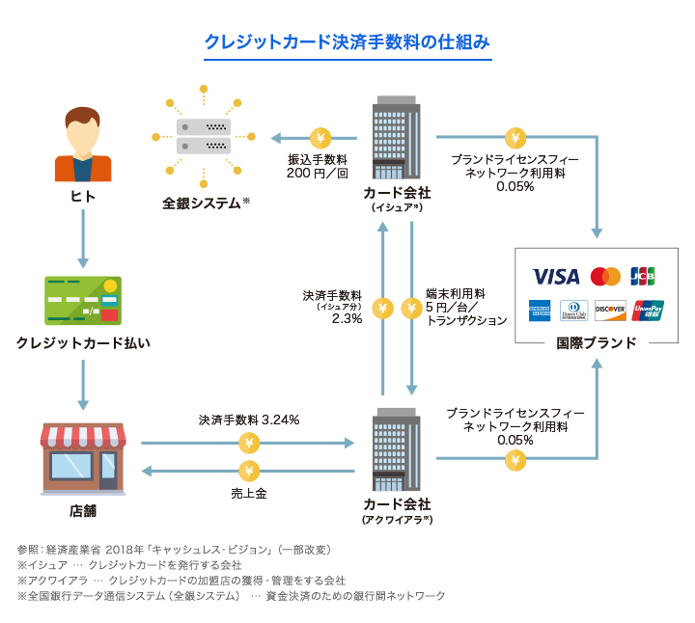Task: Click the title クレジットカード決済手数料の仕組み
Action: (x=347, y=41)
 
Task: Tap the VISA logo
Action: (x=555, y=277)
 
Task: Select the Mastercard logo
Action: (x=605, y=277)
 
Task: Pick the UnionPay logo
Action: (x=648, y=311)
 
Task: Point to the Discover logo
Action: (x=609, y=311)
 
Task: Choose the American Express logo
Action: (x=538, y=311)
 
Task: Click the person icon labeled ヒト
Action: (x=82, y=146)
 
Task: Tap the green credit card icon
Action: (x=82, y=300)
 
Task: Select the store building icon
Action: (x=82, y=458)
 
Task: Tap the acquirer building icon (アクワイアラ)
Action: (x=396, y=453)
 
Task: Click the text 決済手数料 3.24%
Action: (x=249, y=420)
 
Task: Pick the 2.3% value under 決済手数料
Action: (x=347, y=318)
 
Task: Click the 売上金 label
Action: (x=248, y=493)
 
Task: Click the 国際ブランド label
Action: (x=596, y=343)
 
